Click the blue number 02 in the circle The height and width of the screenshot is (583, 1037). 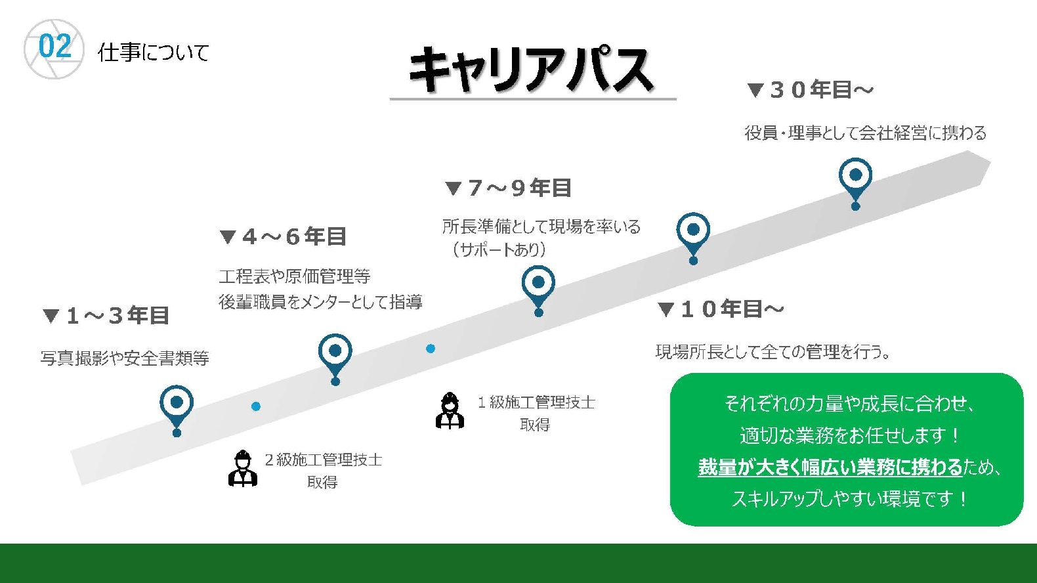(55, 47)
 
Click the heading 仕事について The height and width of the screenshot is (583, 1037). (153, 53)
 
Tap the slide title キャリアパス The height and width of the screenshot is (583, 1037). (531, 70)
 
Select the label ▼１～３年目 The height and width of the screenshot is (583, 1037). (106, 316)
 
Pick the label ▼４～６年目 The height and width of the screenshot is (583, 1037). (283, 236)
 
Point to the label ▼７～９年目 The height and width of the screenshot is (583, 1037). (508, 188)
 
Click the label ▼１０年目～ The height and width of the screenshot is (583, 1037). (721, 309)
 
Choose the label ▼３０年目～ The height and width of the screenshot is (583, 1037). (810, 89)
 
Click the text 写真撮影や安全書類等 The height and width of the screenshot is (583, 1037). (125, 358)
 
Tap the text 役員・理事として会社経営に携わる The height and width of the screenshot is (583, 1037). (865, 133)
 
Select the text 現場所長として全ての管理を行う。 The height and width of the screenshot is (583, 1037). (772, 353)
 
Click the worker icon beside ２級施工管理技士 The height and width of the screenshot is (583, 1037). (243, 468)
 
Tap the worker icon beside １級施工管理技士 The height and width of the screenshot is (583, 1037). (450, 411)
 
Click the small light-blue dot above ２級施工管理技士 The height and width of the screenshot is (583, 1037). (255, 406)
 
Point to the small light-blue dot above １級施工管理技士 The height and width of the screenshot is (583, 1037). (431, 348)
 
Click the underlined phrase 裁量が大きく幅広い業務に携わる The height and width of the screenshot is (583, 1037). (830, 467)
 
